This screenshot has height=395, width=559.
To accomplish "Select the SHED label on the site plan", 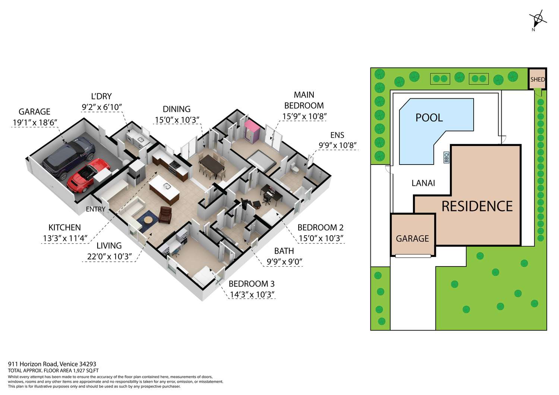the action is [537, 79].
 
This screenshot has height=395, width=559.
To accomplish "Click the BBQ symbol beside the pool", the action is [446, 157].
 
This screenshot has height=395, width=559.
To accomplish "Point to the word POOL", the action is [429, 117].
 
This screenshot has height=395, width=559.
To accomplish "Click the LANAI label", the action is [423, 183].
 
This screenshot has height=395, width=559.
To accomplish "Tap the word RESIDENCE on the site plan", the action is [477, 206].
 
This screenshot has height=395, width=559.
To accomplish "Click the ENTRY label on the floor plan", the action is [95, 209].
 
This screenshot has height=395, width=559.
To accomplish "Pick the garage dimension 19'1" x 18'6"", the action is [35, 122].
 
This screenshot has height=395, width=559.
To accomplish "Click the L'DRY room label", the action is [101, 96].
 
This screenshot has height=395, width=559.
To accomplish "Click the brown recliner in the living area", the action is [165, 215].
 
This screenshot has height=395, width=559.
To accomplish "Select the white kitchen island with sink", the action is [164, 190].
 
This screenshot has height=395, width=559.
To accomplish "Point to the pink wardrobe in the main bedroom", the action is [252, 131].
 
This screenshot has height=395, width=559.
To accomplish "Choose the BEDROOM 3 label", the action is [252, 284].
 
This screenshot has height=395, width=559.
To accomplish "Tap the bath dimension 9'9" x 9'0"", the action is [284, 262].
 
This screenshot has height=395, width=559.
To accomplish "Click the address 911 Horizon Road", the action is [33, 364].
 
